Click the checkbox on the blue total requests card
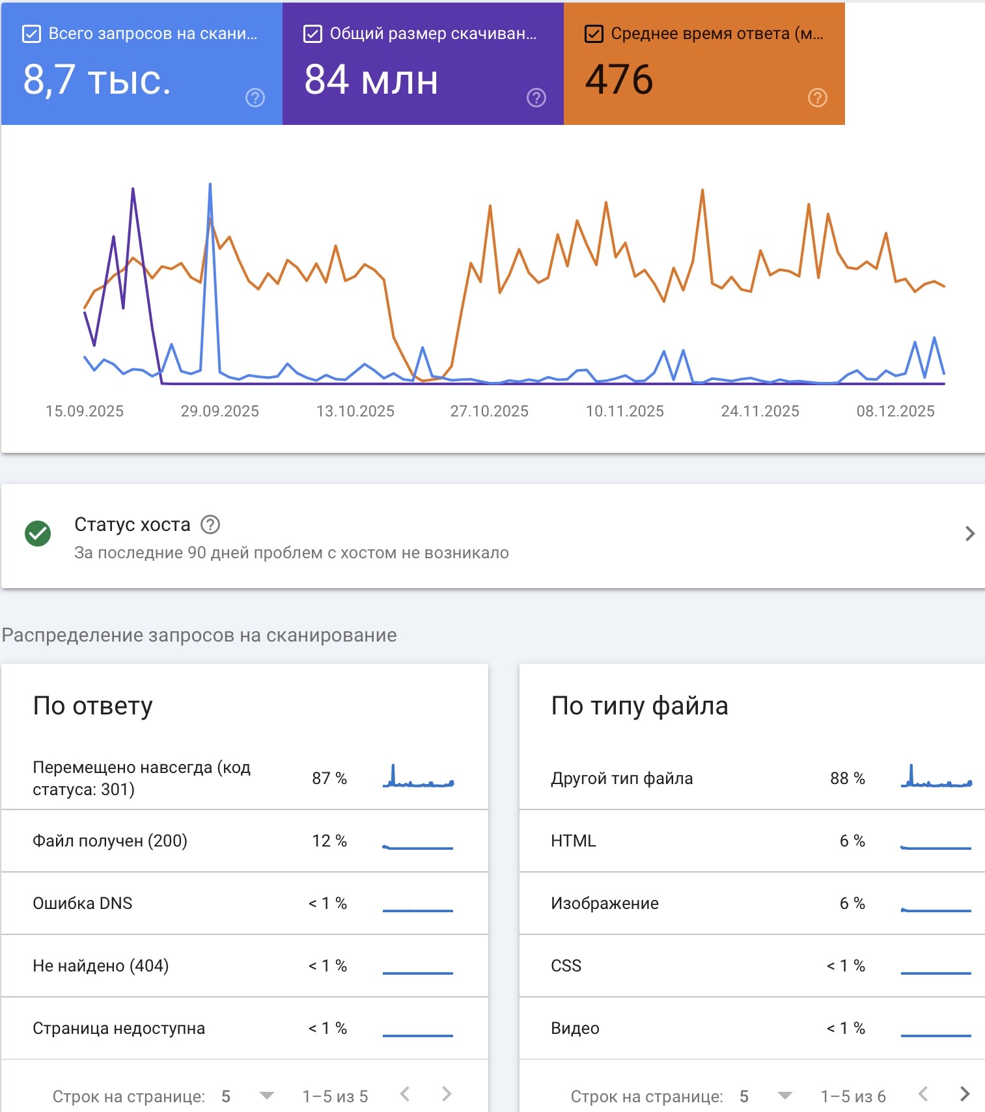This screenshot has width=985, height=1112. click(31, 34)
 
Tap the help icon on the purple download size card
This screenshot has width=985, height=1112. click(536, 98)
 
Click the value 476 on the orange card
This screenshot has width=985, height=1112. click(618, 79)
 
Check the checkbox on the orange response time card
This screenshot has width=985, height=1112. click(594, 34)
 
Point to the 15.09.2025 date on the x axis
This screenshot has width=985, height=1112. click(85, 411)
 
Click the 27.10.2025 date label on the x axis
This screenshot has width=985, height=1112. click(489, 411)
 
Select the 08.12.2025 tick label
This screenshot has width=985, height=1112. click(895, 411)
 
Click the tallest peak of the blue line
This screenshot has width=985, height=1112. click(210, 185)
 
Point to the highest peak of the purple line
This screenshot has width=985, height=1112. click(133, 189)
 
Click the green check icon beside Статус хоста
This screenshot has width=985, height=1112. click(38, 534)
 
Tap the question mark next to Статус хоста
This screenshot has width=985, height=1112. click(210, 524)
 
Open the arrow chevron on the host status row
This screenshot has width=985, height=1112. click(969, 534)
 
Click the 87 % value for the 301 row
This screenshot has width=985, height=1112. click(329, 778)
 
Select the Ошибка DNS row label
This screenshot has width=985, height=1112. click(83, 903)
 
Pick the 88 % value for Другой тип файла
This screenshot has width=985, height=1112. click(847, 778)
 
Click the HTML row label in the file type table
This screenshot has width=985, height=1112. click(574, 841)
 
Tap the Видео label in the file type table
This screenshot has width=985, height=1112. click(575, 1028)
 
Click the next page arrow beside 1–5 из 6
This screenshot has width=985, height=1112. click(964, 1094)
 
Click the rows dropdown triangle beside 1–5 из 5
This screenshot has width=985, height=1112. click(266, 1096)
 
